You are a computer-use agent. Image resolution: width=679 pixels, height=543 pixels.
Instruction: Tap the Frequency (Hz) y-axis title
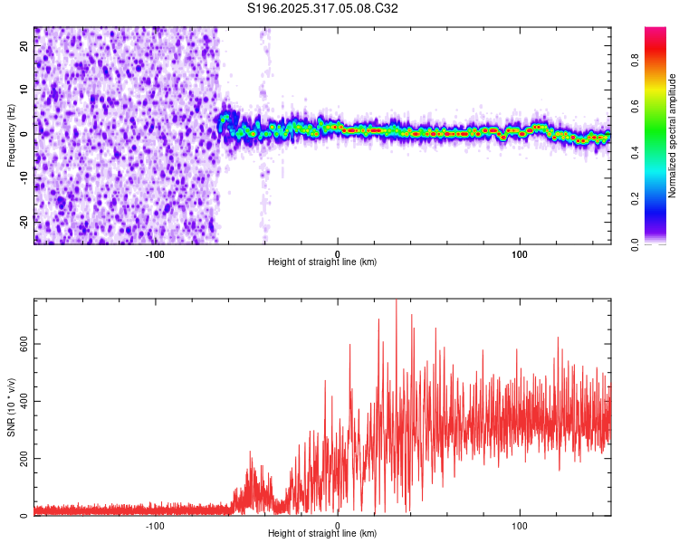11,136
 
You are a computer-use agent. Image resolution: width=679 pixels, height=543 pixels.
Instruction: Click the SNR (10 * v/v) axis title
11,408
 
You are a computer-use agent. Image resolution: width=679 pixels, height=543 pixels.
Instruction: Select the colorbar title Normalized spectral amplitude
673,136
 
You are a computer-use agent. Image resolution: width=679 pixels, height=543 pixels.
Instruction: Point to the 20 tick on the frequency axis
24,47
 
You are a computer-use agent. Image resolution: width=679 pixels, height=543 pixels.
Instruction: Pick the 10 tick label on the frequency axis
24,90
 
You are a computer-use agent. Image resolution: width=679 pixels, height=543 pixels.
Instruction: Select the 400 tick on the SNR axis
24,400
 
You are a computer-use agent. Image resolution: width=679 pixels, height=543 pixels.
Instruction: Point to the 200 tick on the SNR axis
24,458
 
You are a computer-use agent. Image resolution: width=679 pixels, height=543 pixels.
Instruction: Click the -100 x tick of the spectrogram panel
155,253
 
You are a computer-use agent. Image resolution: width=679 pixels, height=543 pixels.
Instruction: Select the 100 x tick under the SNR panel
520,525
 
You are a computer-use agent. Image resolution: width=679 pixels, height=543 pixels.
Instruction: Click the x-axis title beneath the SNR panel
322,534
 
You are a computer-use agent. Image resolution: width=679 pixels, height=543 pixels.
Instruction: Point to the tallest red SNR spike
397,302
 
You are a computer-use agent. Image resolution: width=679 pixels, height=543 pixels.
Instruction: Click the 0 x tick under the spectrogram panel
338,253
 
